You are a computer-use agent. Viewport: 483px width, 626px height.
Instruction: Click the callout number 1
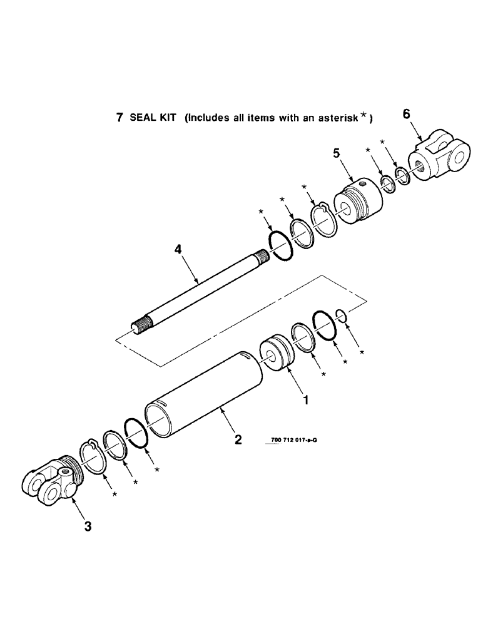(305, 399)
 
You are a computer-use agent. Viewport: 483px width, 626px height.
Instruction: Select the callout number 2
(238, 439)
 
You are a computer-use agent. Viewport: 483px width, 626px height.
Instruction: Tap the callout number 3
(88, 526)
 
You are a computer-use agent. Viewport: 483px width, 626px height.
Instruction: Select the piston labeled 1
(278, 356)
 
